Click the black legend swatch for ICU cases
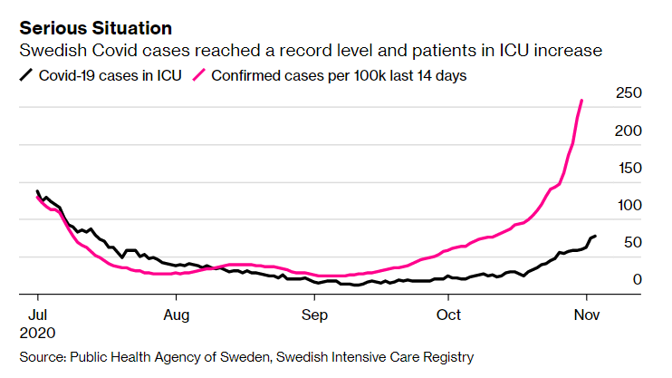point(27,75)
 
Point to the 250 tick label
point(629,93)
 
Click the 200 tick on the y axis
point(629,131)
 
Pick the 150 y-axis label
point(629,168)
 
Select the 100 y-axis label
point(629,205)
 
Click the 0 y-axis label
point(638,279)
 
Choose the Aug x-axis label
point(177,315)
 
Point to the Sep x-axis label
point(314,315)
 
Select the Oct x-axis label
point(448,315)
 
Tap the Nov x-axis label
point(587,315)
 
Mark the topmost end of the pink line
point(581,101)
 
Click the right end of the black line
point(595,236)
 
